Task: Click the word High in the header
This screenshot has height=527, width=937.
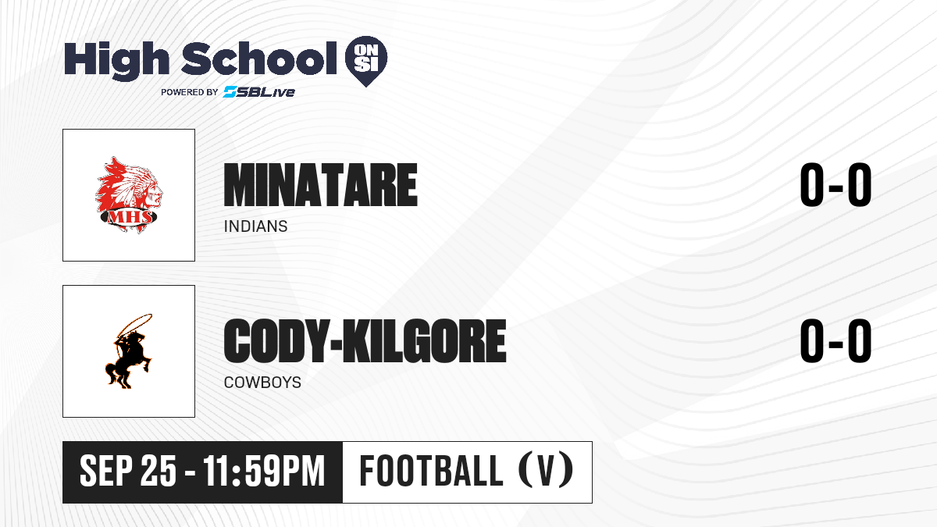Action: coord(116,60)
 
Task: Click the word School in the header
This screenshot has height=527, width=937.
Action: coord(259,58)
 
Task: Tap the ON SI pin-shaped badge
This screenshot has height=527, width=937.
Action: coord(366,61)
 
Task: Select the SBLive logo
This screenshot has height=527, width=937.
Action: coord(258,92)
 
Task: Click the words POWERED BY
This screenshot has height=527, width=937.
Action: coord(190,92)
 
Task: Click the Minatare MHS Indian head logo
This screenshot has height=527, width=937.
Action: coord(128,195)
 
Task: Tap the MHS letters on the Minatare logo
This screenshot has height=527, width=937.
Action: coord(130,217)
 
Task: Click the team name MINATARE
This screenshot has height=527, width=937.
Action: coord(321,185)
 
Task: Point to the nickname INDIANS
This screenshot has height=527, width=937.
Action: coord(255,226)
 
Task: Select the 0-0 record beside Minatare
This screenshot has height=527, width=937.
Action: coord(835,185)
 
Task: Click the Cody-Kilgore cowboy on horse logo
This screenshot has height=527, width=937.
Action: coord(129,351)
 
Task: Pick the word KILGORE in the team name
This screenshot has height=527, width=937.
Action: coord(424,340)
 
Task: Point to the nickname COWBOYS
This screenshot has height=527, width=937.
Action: coord(262,383)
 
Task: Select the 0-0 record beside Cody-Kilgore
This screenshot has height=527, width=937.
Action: coord(835,340)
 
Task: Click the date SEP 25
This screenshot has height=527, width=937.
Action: coord(128,471)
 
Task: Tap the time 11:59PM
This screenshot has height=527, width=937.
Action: coord(264,471)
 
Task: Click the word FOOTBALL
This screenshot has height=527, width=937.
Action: coord(431,471)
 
